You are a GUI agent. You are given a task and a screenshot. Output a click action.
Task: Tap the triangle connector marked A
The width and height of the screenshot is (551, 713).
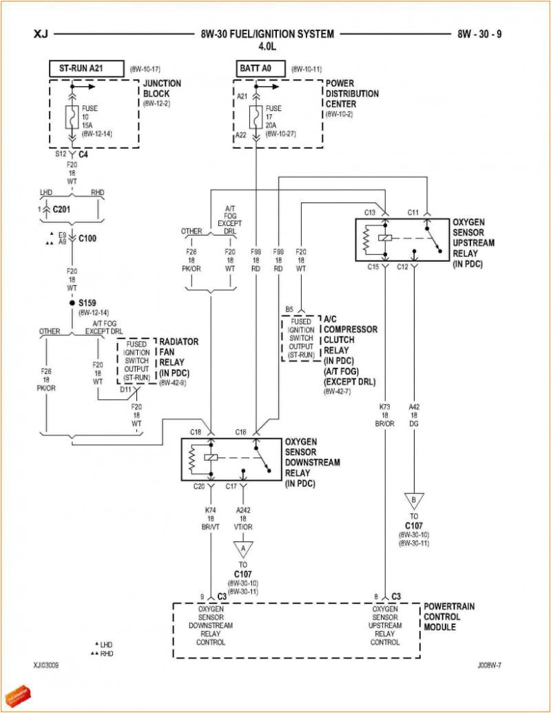coord(242,547)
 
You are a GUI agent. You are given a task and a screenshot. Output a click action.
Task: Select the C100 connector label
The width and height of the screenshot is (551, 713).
coord(88,238)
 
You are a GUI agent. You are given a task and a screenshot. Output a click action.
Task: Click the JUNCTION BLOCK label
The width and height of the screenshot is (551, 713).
coord(162,88)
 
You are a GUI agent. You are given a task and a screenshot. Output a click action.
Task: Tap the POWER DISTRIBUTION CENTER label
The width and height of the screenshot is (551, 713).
coord(352,93)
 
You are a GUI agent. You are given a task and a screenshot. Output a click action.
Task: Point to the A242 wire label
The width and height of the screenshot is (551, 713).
coord(242,510)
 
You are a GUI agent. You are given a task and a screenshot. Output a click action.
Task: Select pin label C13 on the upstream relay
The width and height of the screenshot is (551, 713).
coord(369,212)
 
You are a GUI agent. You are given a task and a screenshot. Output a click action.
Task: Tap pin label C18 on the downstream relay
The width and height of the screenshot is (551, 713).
coord(196,432)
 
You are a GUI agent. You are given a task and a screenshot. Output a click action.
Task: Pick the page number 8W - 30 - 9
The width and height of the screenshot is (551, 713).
coord(480,34)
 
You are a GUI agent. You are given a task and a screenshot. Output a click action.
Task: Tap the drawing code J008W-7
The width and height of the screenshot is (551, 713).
coord(490,666)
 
